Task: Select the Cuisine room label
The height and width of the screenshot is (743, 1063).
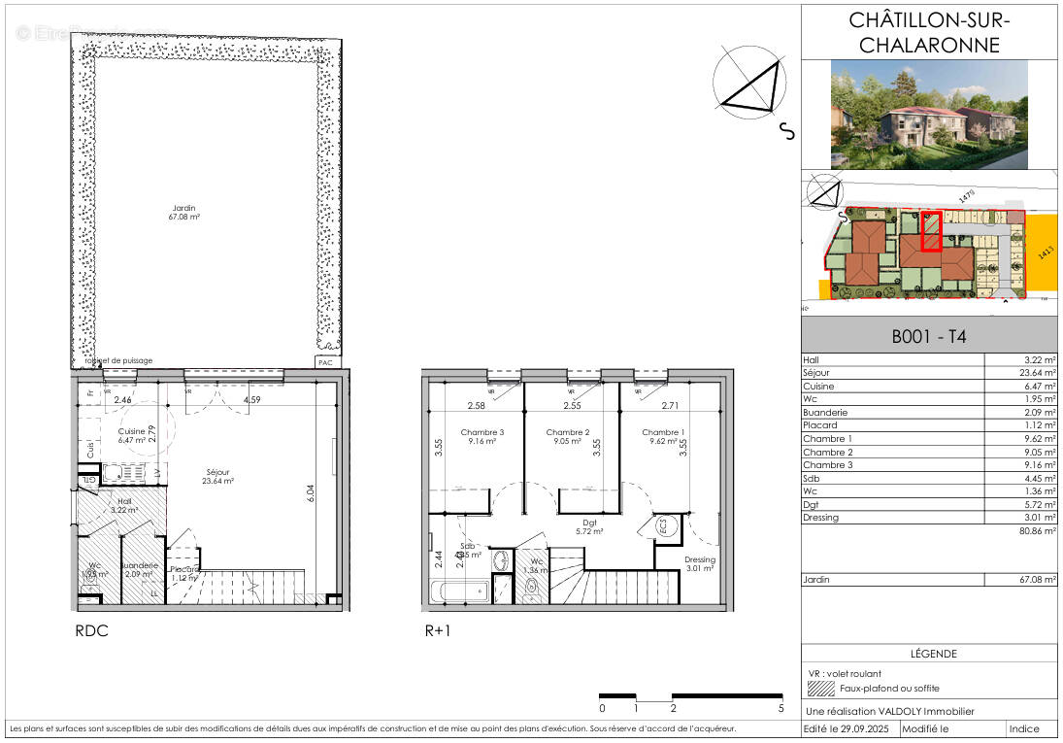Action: tap(131, 435)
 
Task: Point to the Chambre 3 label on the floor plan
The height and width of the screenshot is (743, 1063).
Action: tap(482, 437)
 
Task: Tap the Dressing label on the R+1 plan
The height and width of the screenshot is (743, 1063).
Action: tap(699, 564)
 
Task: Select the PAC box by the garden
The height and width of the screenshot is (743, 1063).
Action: tap(324, 362)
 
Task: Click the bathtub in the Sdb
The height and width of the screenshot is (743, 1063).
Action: tap(460, 590)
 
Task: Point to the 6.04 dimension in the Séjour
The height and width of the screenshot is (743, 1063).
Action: tap(311, 492)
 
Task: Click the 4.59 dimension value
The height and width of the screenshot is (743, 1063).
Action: tap(252, 399)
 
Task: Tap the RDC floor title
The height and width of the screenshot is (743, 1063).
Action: tap(91, 630)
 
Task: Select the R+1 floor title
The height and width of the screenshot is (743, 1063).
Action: tap(438, 630)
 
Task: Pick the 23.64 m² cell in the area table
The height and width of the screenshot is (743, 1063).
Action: tap(1034, 372)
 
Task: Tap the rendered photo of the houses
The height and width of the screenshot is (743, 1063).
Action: tap(929, 115)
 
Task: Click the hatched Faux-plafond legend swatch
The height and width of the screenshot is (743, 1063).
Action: tap(821, 688)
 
